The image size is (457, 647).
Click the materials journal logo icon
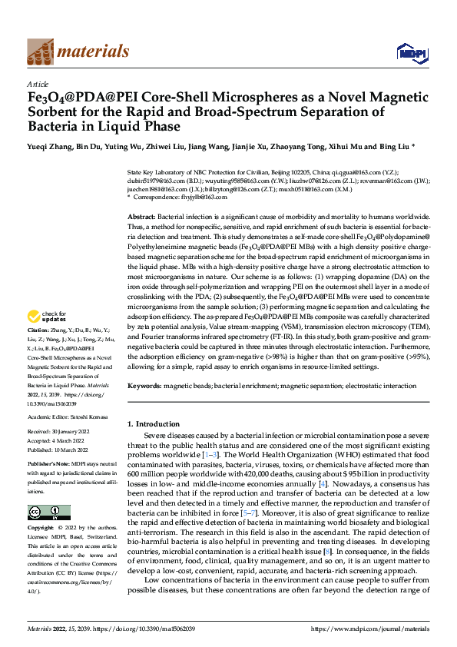point(39,51)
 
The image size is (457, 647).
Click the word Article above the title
point(38,84)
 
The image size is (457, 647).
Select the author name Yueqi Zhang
point(51,145)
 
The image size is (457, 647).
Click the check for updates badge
point(47,337)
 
